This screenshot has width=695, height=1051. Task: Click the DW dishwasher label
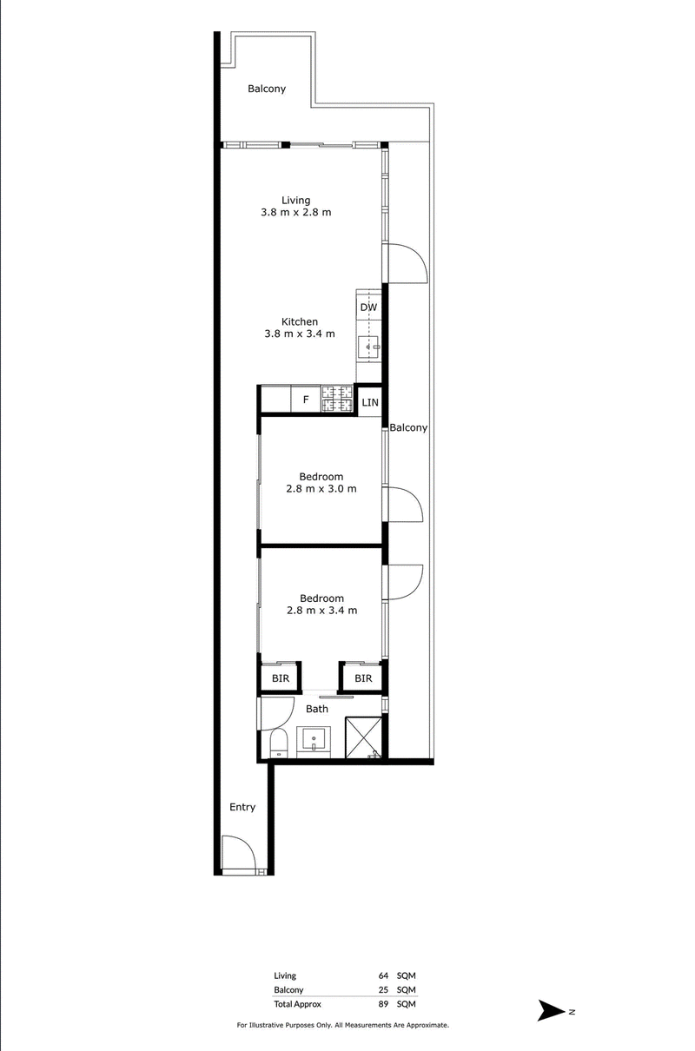368,307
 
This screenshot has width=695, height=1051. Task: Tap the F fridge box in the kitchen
306,400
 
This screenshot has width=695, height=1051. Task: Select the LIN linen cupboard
370,402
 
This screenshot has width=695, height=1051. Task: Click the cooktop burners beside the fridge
337,399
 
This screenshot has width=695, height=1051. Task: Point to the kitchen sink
368,347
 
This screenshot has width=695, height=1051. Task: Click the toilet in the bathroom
278,744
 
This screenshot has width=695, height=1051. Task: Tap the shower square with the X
364,737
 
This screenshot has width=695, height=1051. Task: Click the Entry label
242,807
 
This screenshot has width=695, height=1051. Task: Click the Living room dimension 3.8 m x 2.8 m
296,212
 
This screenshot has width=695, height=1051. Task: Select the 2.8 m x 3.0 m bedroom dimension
321,488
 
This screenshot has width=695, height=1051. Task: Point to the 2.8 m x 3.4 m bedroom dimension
322,610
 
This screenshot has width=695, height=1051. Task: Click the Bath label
317,709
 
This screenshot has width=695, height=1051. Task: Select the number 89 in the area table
383,1004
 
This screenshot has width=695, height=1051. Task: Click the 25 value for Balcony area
383,989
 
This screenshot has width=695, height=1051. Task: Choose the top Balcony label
267,89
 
